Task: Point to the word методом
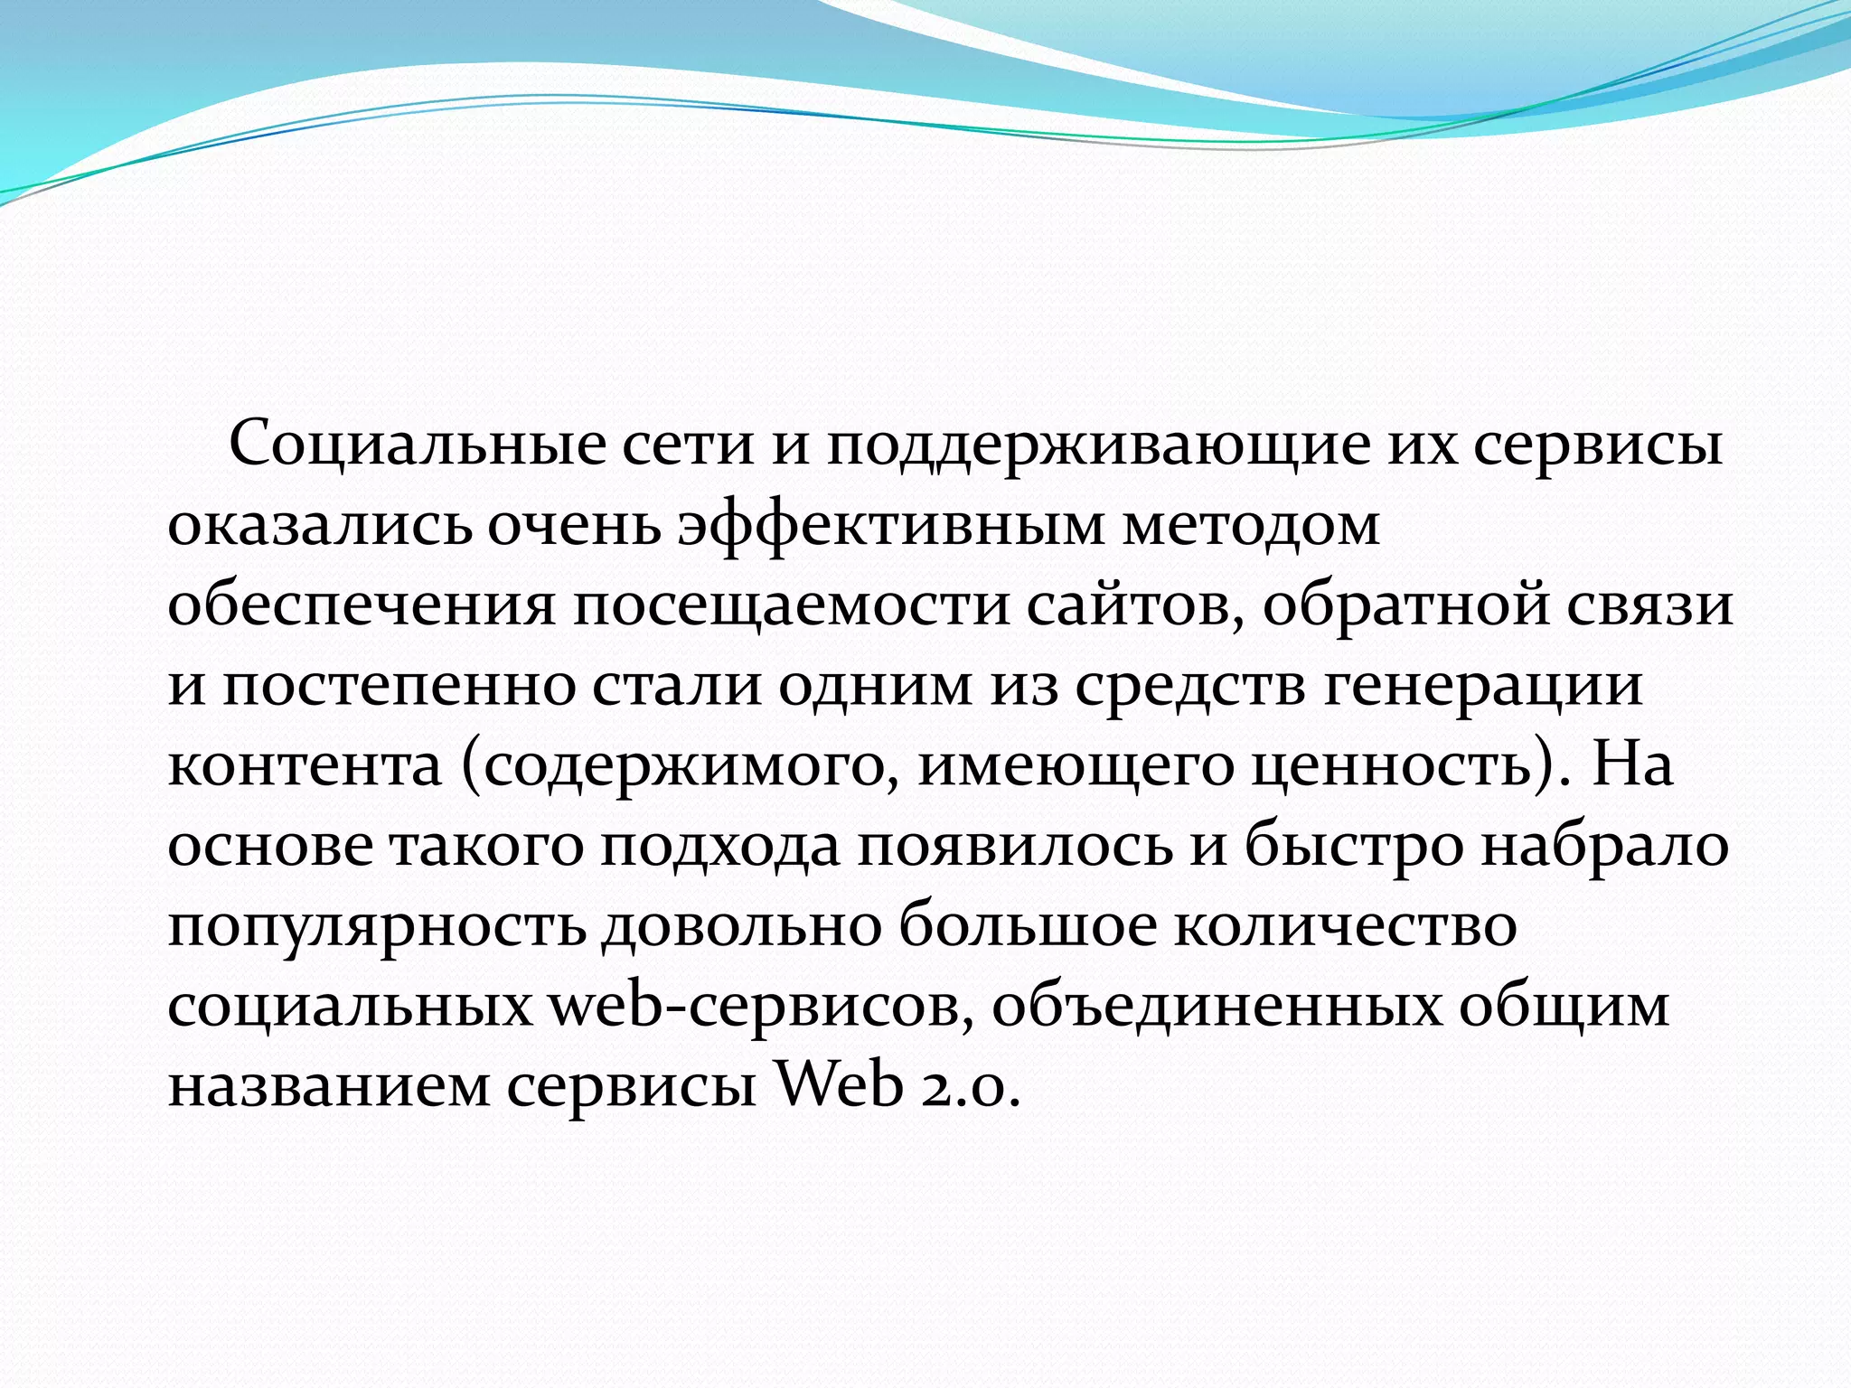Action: point(1251,525)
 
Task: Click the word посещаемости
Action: point(790,605)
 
